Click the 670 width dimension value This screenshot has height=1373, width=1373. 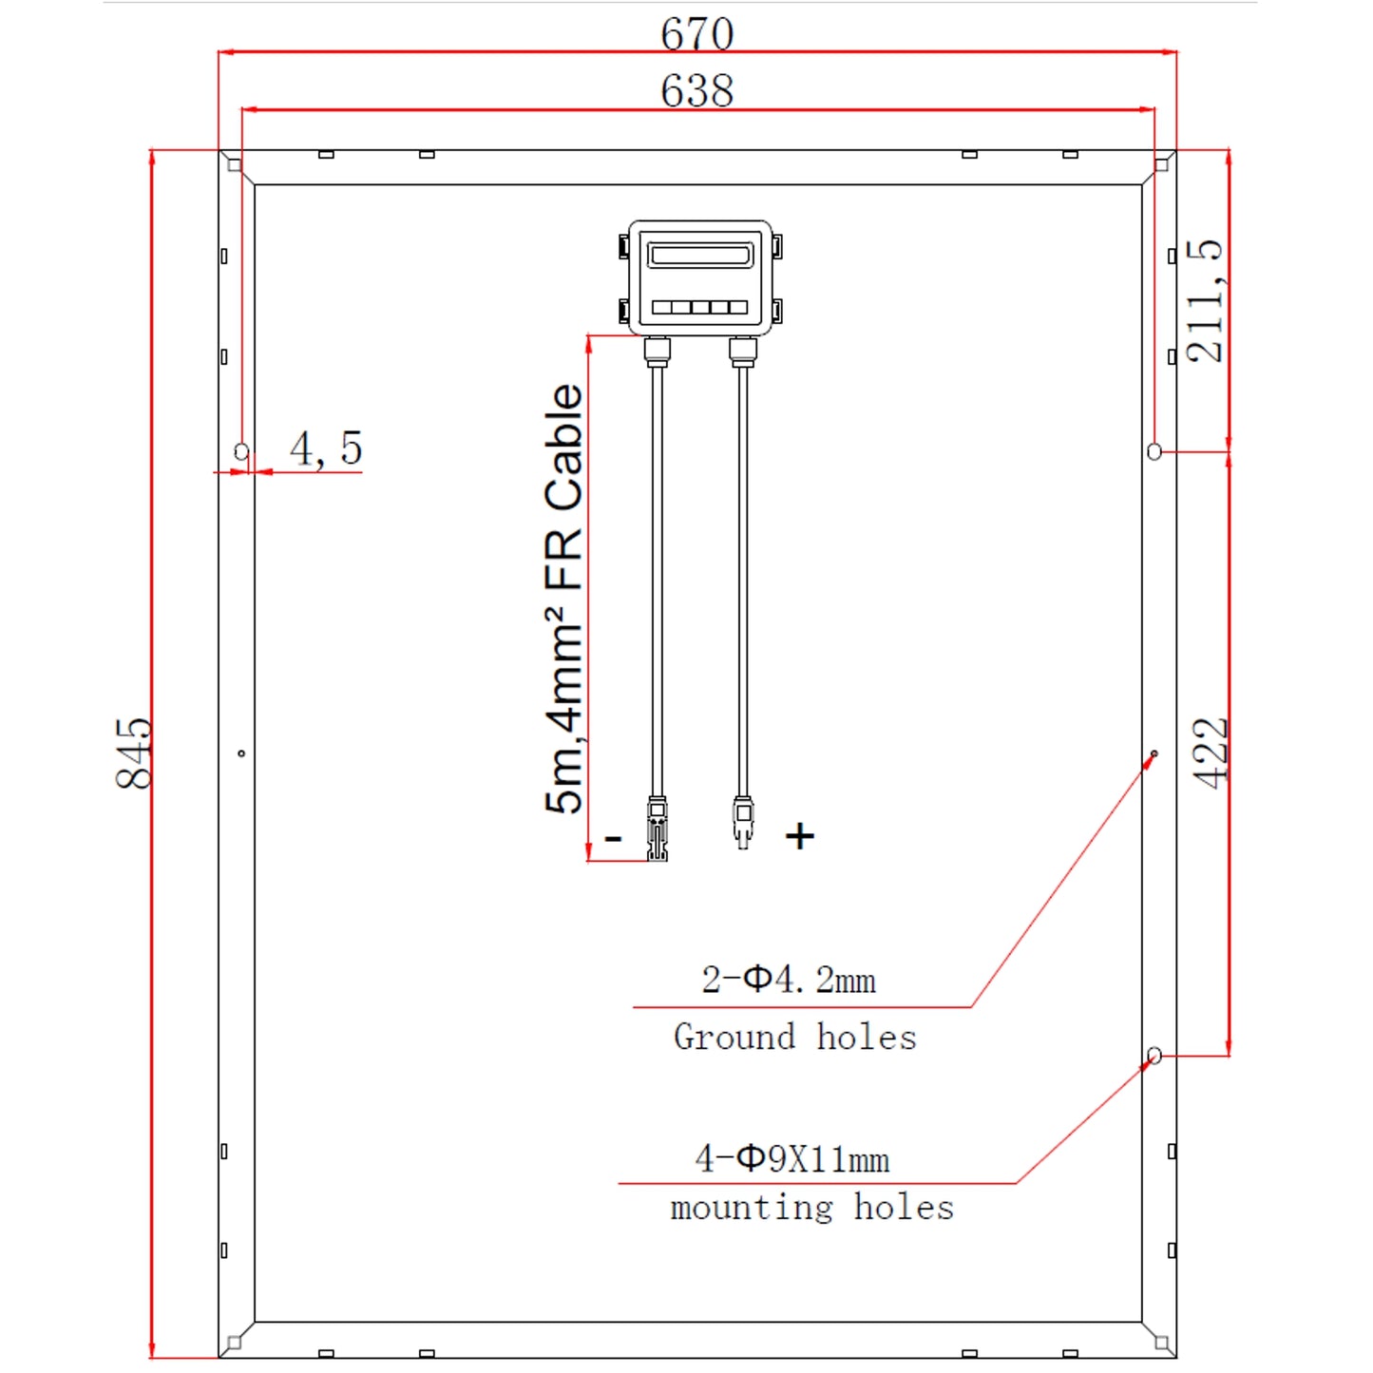click(696, 33)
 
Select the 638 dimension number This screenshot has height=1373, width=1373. click(696, 90)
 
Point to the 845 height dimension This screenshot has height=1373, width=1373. click(134, 753)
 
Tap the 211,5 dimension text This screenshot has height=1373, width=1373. click(1204, 301)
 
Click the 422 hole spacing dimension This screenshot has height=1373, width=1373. click(1211, 753)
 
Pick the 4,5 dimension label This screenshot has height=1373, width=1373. click(326, 448)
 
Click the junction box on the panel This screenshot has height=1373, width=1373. click(699, 277)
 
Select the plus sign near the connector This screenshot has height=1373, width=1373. click(799, 836)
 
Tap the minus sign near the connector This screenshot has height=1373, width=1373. click(613, 838)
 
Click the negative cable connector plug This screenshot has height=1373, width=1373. click(657, 829)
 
